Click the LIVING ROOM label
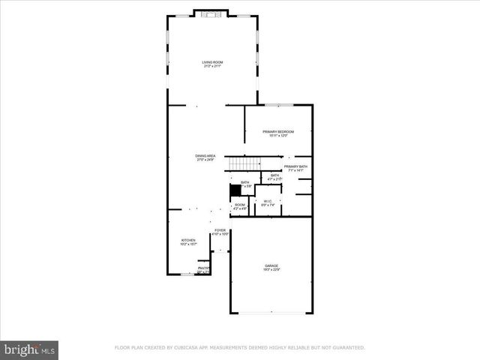[212, 62]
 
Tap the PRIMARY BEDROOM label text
[278, 132]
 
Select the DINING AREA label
[205, 156]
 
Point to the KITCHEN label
[187, 241]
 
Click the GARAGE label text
[271, 266]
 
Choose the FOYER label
[220, 230]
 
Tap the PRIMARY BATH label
[295, 166]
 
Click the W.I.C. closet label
[267, 201]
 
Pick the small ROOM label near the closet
[240, 205]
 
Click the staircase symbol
[244, 163]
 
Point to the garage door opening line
[271, 313]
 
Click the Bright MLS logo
[29, 349]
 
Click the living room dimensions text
[212, 67]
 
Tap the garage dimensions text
[271, 271]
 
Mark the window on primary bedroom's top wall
[278, 104]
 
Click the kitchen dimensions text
[187, 245]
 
